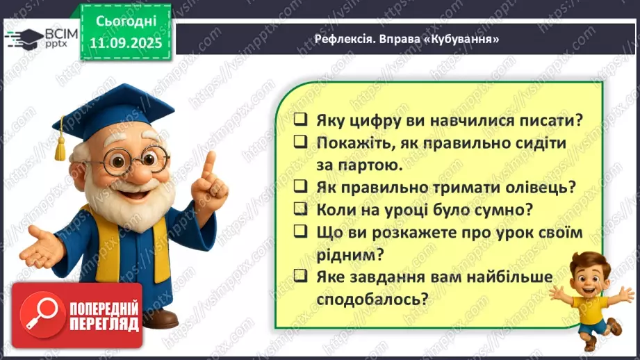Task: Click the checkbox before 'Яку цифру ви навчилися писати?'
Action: [301, 120]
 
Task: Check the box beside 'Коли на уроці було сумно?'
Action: [301, 208]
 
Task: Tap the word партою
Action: [369, 165]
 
